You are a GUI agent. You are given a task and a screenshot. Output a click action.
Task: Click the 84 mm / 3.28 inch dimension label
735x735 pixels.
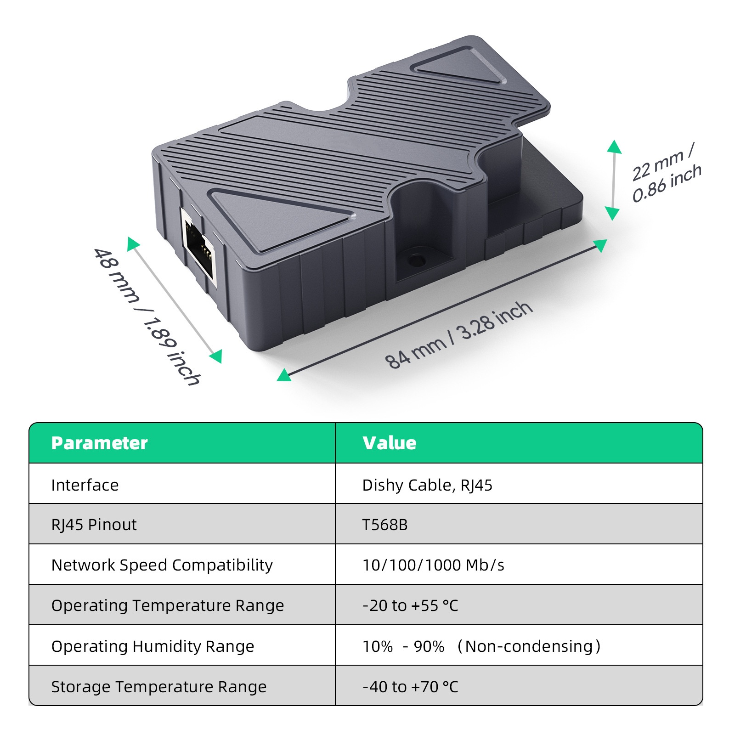point(458,335)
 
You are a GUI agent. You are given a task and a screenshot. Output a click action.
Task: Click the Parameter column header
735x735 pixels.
point(99,443)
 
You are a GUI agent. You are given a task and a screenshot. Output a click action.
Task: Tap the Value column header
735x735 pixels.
point(389,443)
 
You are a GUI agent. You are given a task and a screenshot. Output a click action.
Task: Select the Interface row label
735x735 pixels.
point(85,485)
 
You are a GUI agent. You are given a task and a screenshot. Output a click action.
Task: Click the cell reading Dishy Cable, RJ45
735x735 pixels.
point(427,485)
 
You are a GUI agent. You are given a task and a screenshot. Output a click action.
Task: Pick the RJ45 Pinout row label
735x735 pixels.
point(94,525)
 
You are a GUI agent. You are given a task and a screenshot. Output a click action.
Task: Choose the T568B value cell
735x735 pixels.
point(385,525)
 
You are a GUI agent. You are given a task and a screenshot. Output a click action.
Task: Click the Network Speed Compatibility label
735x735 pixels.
point(162,565)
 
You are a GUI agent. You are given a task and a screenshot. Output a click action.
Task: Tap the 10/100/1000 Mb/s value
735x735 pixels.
point(433,565)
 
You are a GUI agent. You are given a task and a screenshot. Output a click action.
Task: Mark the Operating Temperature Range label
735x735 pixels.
point(168,605)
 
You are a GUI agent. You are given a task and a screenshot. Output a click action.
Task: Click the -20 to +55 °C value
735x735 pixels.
point(410,605)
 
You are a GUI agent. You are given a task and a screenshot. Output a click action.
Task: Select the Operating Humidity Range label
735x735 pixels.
point(153,646)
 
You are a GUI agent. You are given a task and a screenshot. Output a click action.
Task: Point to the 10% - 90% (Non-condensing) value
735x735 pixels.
point(481,646)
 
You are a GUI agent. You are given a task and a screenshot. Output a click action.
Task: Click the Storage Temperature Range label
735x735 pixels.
point(159,687)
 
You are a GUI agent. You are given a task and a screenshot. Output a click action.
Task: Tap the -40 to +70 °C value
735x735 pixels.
point(410,687)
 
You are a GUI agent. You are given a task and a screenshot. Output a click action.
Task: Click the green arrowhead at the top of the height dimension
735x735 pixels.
point(614,147)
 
